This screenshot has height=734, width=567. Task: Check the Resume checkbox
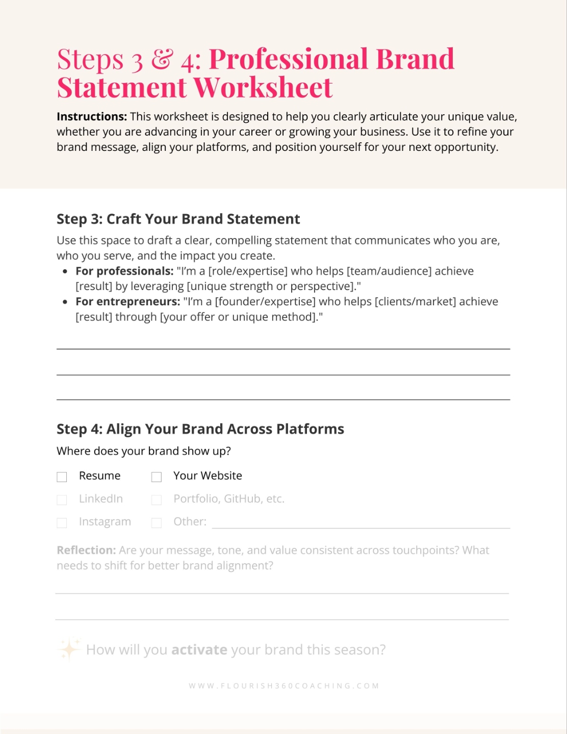[x=62, y=477]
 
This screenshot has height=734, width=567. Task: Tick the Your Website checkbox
[x=157, y=477]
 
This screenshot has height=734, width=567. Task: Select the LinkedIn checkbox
[x=62, y=500]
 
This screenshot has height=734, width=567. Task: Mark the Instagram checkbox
[x=62, y=523]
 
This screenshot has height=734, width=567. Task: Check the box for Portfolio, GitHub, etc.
[x=157, y=500]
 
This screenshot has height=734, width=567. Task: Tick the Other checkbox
[x=157, y=523]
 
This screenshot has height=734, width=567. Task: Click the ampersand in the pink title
[x=162, y=59]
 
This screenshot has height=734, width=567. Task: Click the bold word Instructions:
[x=92, y=117]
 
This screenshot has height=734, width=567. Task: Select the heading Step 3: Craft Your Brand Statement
[x=178, y=219]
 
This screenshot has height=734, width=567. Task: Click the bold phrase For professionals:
[x=124, y=271]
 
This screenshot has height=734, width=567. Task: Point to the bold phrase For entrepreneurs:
[x=127, y=302]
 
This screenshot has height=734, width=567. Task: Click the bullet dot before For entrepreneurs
[x=65, y=302]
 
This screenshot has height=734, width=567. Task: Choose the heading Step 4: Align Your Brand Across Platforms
[x=200, y=429]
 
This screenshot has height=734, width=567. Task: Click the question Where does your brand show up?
[x=144, y=451]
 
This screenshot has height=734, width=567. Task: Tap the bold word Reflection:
[x=86, y=550]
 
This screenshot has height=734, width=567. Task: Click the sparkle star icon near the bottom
[x=69, y=649]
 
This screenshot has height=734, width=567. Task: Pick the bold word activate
[x=199, y=650]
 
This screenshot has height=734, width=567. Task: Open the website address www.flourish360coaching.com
[x=283, y=686]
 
